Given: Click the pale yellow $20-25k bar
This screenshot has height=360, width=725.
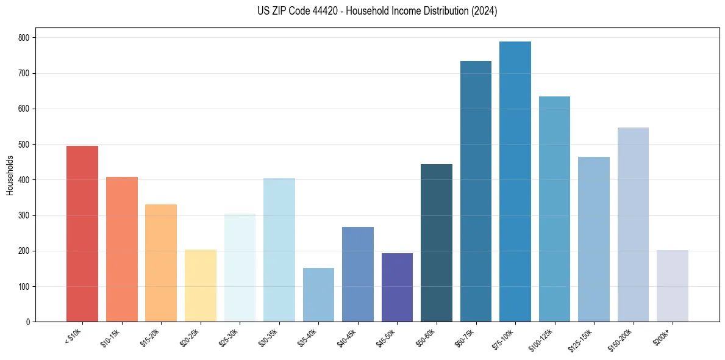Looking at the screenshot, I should (x=201, y=286).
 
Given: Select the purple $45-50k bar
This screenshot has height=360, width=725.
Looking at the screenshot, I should (x=397, y=287).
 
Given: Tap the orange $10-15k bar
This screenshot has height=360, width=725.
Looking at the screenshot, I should (x=122, y=250).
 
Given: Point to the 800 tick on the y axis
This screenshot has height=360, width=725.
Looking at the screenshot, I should (x=26, y=38).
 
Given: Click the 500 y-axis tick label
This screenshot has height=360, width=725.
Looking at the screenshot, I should (x=26, y=145).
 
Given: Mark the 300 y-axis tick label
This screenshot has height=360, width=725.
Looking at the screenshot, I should (x=26, y=215).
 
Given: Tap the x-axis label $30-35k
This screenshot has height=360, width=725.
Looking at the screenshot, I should (x=271, y=337).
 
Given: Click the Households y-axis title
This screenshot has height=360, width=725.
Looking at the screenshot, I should (x=10, y=175).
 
